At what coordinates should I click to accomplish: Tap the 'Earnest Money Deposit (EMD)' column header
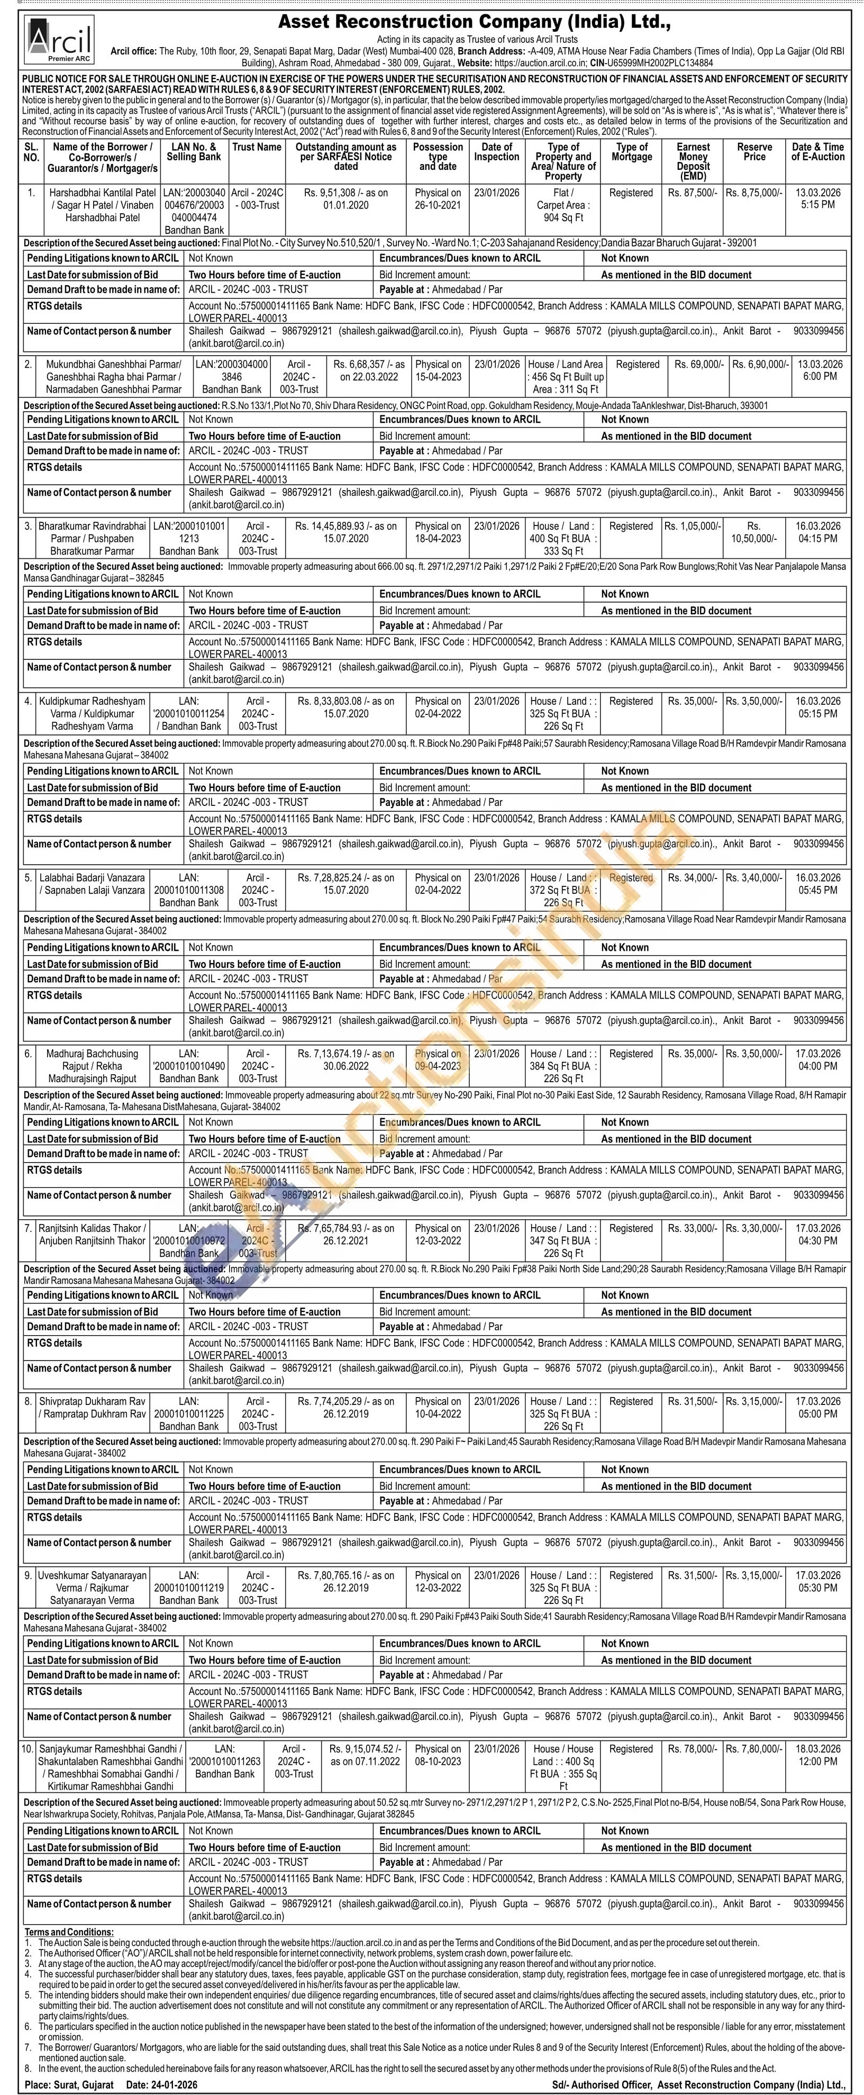pos(693,161)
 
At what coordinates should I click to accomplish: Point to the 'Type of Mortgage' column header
pos(632,152)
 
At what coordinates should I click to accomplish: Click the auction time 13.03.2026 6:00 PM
pos(817,370)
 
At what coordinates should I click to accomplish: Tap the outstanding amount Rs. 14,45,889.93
pos(346,526)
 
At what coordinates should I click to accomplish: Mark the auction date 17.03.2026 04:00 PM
pos(817,1060)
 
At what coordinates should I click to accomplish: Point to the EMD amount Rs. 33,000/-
pos(693,1228)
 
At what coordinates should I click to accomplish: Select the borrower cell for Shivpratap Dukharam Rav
pos(92,1408)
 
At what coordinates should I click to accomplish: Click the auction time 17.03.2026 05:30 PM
pos(817,1582)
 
